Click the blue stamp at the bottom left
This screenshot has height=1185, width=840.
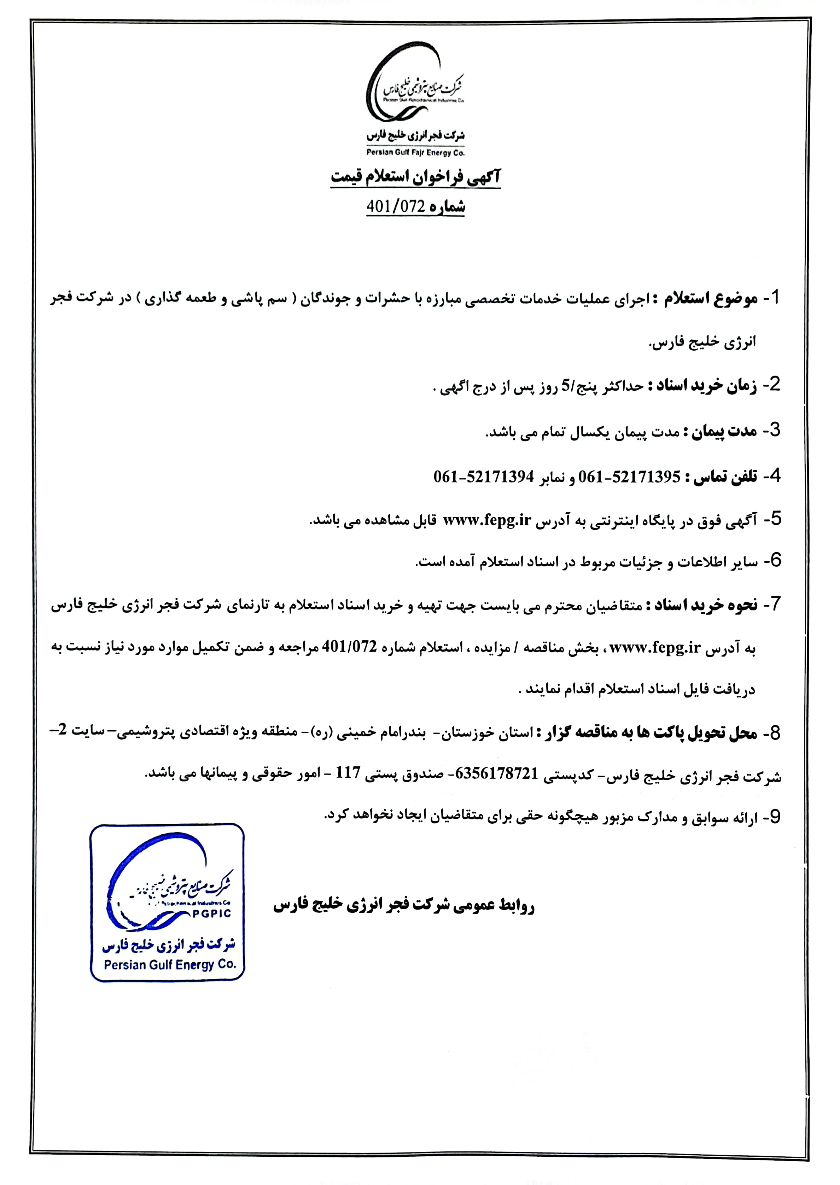tap(167, 903)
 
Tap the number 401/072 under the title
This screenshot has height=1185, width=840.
tap(395, 207)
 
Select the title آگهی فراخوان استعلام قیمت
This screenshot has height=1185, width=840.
tap(416, 177)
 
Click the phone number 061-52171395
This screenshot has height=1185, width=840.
tap(629, 477)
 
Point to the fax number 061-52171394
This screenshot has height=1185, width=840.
tap(484, 477)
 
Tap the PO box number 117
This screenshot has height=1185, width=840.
tap(348, 774)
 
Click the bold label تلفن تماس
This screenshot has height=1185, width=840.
tap(721, 477)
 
